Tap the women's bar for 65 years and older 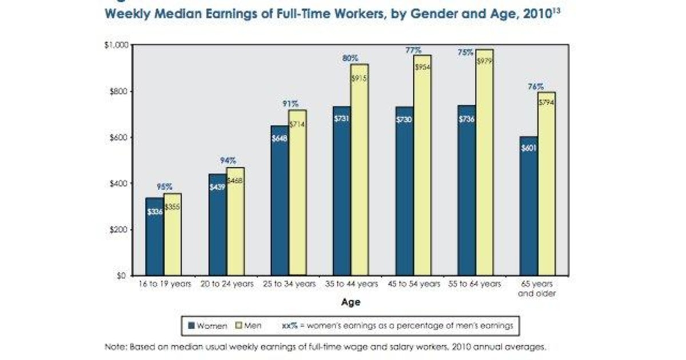(x=528, y=206)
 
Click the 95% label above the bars (x=165, y=187)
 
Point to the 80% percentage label (x=350, y=58)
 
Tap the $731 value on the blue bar (x=342, y=118)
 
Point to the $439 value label (x=217, y=186)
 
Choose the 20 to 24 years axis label (x=227, y=284)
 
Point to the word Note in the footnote (x=114, y=347)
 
